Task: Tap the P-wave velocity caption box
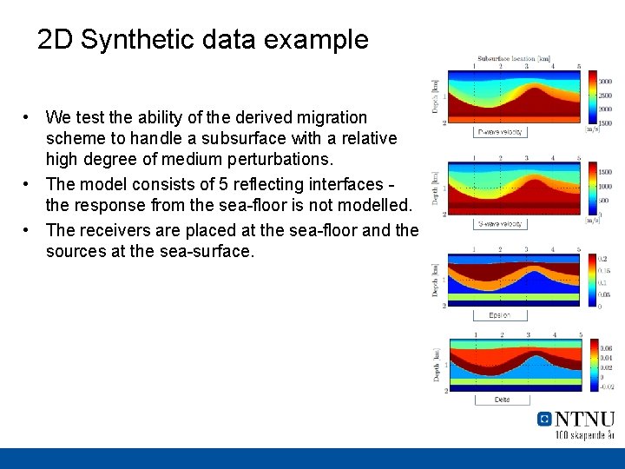point(500,132)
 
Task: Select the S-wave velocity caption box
point(501,224)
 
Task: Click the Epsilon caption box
point(501,315)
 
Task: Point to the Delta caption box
point(502,400)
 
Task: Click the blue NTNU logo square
point(544,419)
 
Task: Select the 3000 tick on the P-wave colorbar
point(606,81)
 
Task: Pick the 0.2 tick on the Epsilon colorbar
point(603,259)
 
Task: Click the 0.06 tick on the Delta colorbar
point(606,348)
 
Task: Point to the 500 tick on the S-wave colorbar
point(605,201)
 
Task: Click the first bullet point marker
point(29,117)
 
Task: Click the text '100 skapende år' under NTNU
point(584,434)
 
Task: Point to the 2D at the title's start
point(56,40)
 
